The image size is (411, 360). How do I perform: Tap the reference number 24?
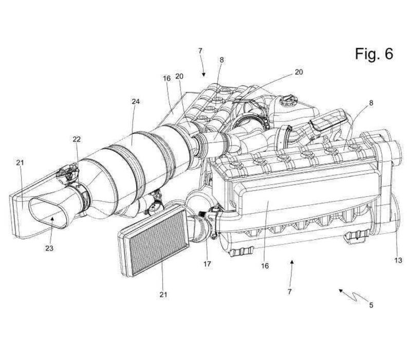coord(136,102)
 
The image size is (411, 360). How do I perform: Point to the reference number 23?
coord(49,248)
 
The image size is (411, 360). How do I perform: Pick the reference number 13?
coord(398,261)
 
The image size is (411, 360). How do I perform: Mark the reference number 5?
coord(371,305)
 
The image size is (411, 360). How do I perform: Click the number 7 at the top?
coord(200,51)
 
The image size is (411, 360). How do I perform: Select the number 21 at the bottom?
coord(163,295)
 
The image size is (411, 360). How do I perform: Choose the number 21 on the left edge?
coord(20,163)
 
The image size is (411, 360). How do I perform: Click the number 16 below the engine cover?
coord(265,266)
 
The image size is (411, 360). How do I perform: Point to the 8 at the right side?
coord(371,103)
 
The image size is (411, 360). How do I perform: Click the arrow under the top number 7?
coord(203,69)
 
